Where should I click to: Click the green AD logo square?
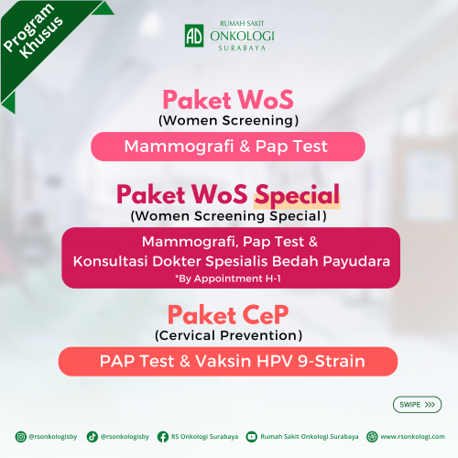(x=194, y=36)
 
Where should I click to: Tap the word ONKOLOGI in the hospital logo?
(x=242, y=37)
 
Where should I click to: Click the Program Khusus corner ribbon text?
(x=33, y=31)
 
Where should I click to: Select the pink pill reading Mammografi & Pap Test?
(x=228, y=147)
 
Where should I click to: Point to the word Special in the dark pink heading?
(x=298, y=195)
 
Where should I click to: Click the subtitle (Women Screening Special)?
(x=228, y=216)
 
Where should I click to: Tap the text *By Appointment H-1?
(x=228, y=278)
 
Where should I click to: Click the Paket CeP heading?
(x=228, y=315)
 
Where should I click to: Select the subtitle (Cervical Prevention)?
(x=228, y=335)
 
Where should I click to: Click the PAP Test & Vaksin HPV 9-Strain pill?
(x=228, y=362)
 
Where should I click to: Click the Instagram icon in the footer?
(x=21, y=437)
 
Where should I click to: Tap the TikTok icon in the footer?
(x=93, y=437)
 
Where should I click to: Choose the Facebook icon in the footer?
(x=163, y=437)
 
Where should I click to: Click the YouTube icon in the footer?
(x=252, y=437)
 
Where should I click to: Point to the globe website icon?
(x=372, y=437)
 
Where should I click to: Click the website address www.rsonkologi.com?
(x=412, y=437)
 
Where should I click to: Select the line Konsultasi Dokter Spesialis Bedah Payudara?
(x=232, y=262)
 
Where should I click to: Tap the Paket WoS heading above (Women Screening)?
(x=228, y=100)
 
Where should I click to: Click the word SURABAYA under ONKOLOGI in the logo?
(x=242, y=48)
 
